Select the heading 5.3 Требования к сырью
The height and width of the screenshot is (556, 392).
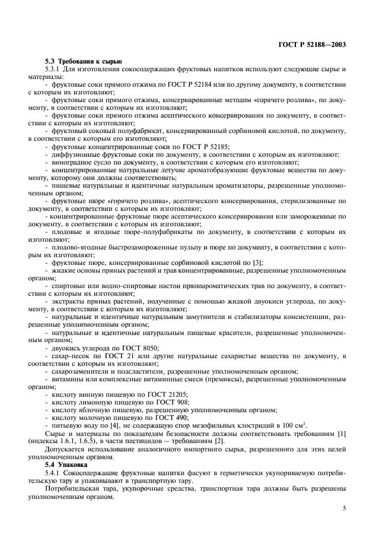coord(84,61)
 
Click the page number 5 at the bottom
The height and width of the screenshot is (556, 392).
coord(345,508)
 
